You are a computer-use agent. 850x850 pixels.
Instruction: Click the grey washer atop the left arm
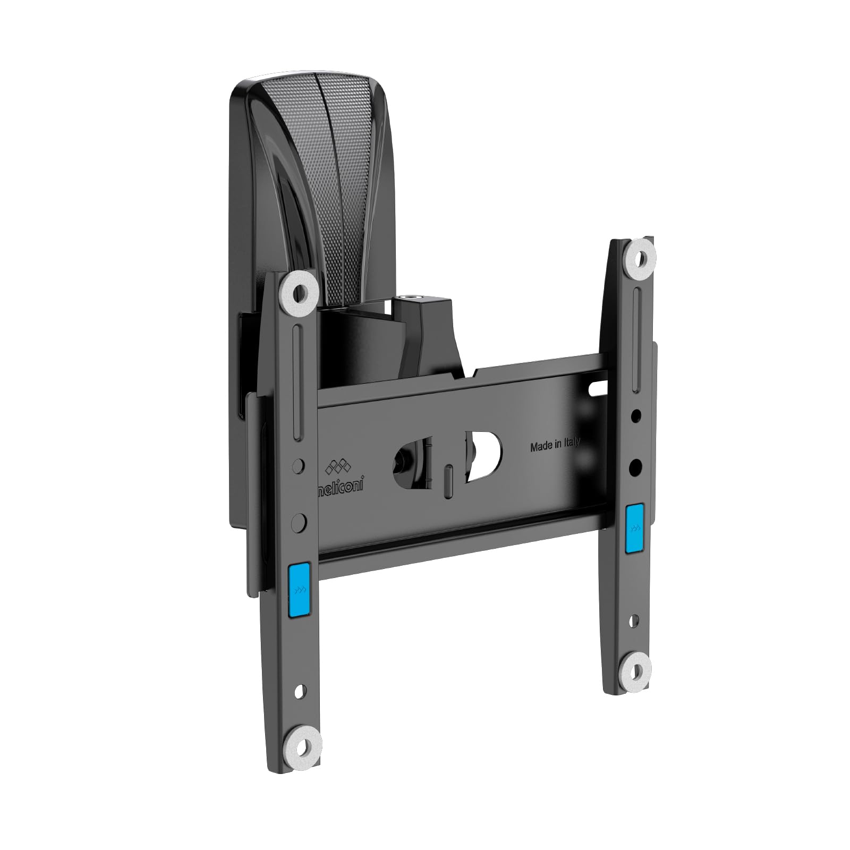click(301, 292)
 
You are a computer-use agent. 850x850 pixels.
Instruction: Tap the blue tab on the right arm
click(634, 529)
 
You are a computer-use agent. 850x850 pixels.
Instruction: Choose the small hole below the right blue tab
click(634, 619)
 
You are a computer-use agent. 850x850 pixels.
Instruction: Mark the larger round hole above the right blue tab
click(635, 467)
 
